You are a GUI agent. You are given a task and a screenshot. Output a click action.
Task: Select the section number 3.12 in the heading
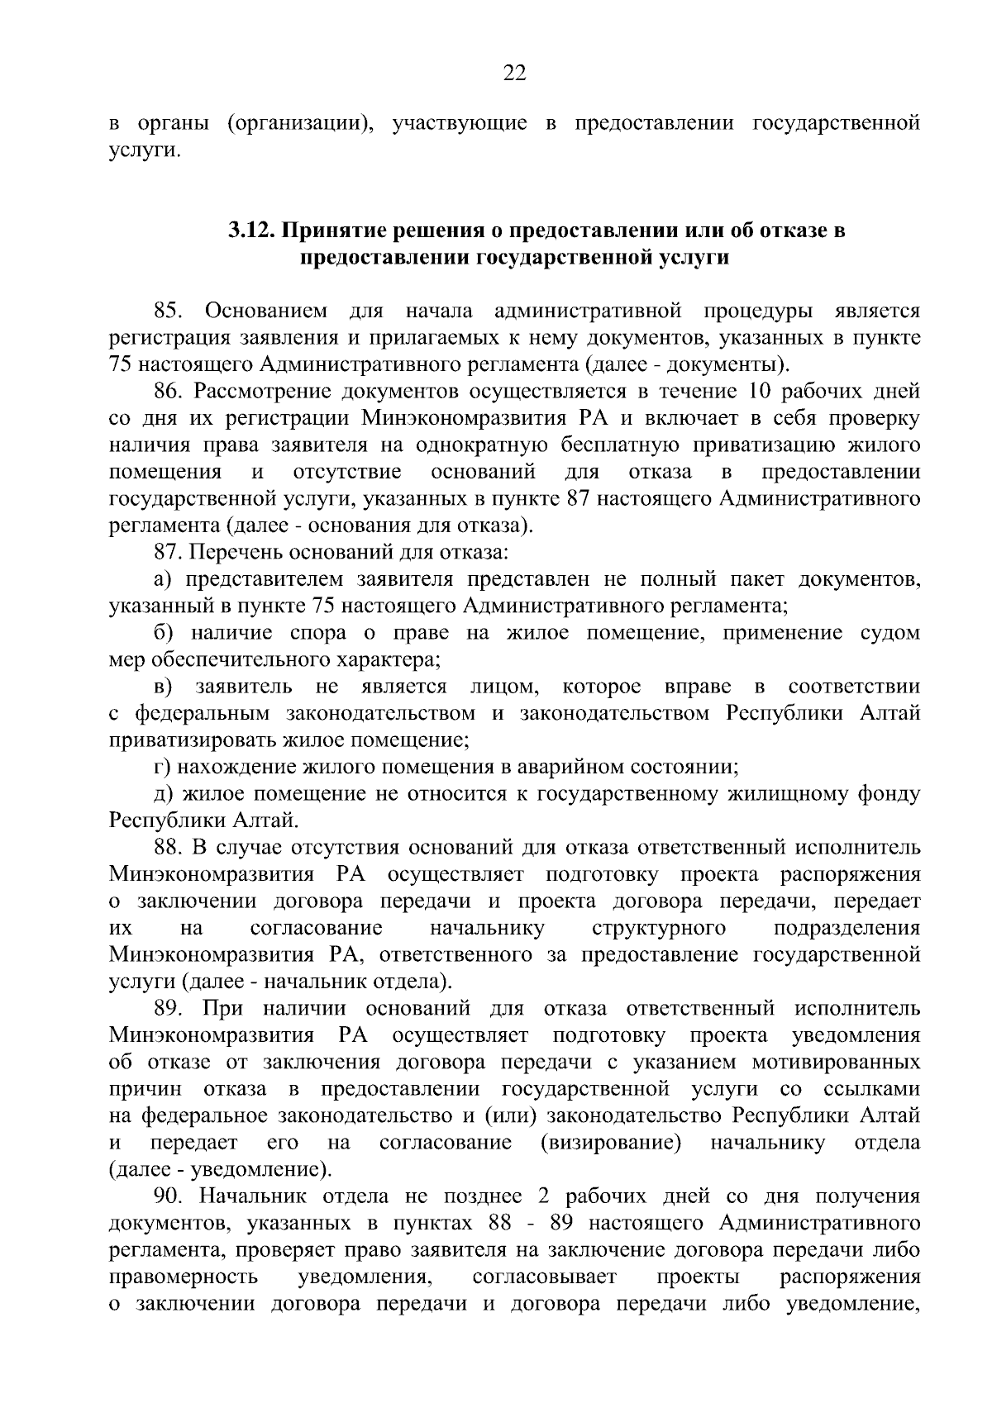[x=250, y=231]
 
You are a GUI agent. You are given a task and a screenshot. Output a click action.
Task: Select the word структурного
[x=659, y=928]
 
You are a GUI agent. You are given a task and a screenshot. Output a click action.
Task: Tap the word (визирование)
[x=611, y=1143]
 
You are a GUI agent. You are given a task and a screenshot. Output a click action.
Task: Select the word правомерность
[x=184, y=1277]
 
